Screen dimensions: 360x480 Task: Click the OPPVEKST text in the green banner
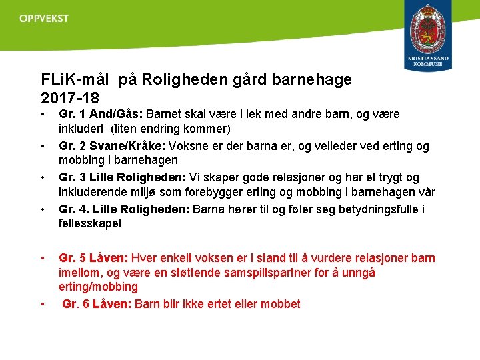(44, 19)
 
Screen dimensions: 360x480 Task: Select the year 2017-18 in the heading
(70, 97)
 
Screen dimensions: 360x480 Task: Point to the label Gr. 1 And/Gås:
(101, 115)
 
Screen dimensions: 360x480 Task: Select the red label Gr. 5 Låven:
(93, 258)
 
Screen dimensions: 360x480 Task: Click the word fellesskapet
(90, 223)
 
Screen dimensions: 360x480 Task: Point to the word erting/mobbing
(98, 287)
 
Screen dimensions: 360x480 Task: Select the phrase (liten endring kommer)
(171, 129)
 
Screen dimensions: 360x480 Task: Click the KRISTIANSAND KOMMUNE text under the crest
(428, 62)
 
